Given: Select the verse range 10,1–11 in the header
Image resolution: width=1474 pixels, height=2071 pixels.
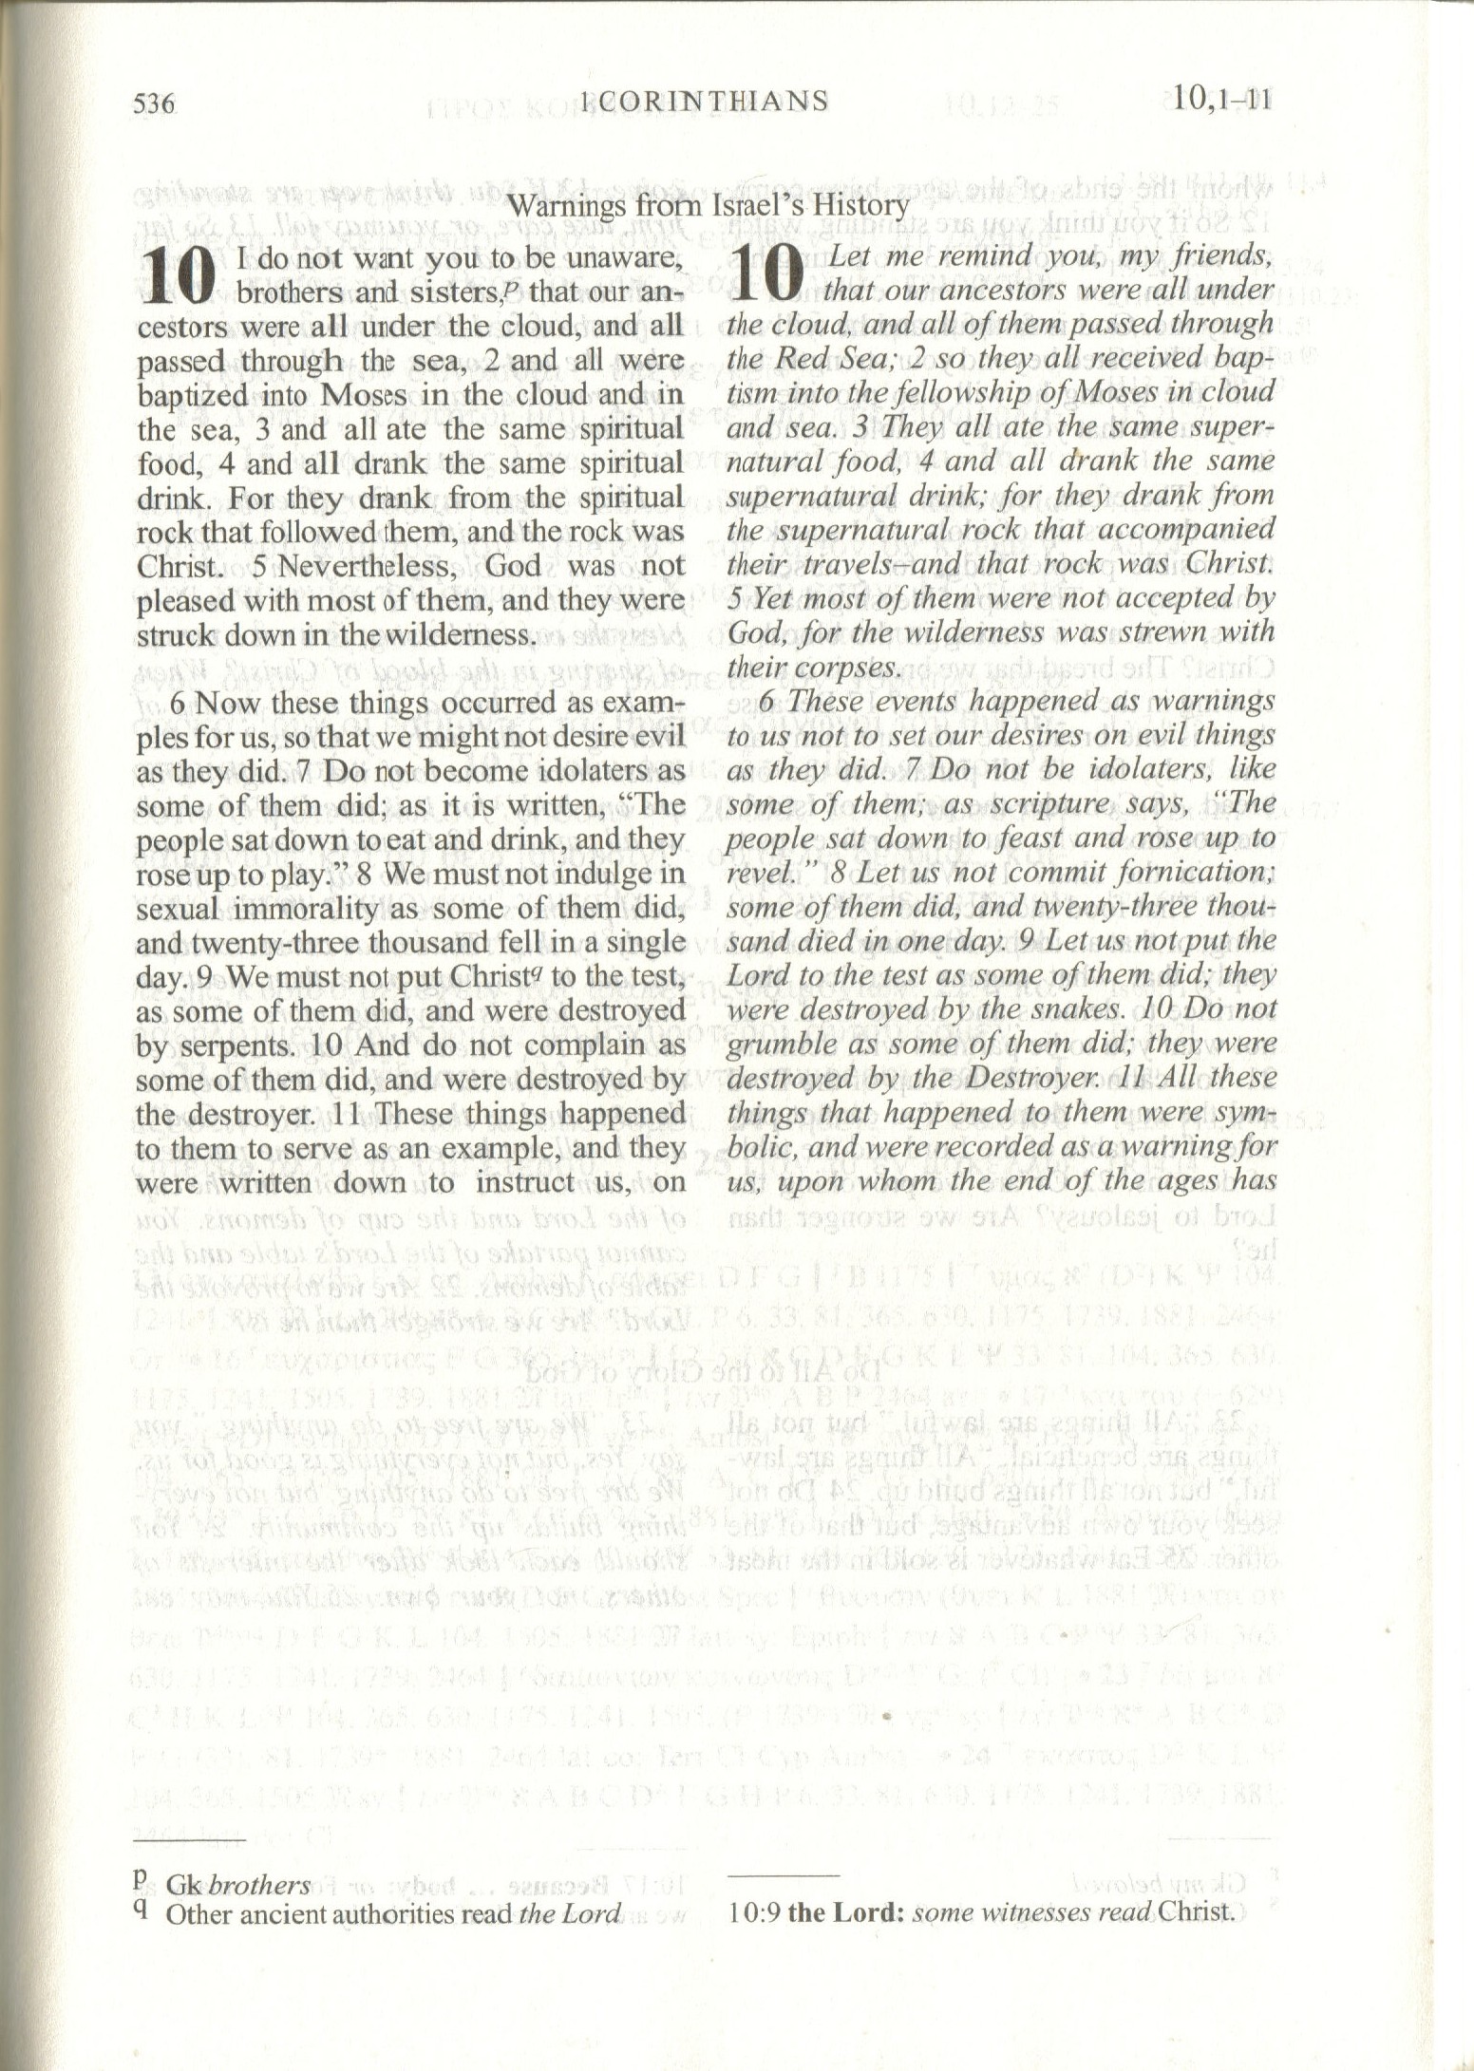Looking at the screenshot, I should coord(1221,98).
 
